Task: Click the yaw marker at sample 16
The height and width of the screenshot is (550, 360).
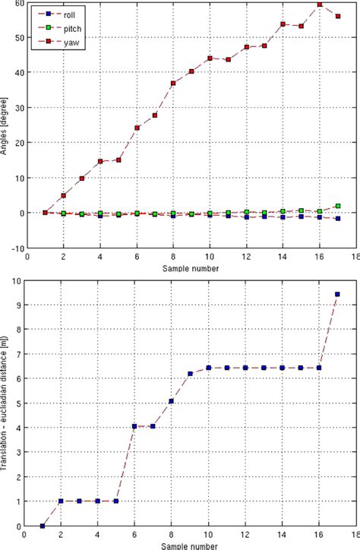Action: (319, 5)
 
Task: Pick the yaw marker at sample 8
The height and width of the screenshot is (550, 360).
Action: (173, 83)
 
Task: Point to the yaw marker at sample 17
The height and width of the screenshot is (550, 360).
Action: (337, 16)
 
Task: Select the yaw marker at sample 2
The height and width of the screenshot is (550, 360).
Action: (63, 195)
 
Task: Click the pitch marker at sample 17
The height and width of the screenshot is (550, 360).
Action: (337, 206)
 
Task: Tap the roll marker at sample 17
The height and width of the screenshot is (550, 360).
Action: (337, 219)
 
